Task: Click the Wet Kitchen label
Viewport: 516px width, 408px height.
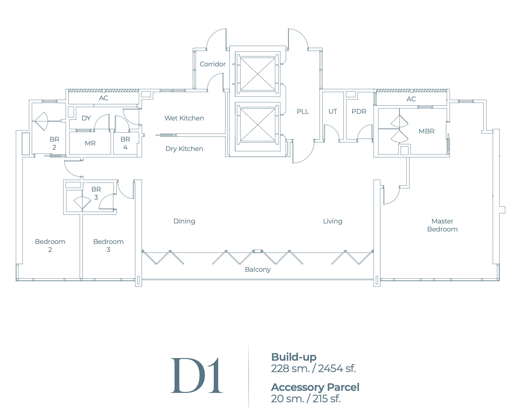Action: [x=184, y=118]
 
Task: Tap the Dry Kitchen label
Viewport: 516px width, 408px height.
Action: [x=184, y=149]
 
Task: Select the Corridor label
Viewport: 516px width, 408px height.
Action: [x=212, y=64]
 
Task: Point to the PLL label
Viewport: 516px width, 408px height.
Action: [x=303, y=111]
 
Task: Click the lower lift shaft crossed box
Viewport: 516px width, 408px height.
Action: [x=258, y=124]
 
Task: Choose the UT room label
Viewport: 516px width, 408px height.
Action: [x=332, y=111]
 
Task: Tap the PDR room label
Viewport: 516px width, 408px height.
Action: [x=359, y=111]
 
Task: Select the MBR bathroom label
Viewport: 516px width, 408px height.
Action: [x=426, y=131]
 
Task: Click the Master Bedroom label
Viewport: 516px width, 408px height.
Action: [x=442, y=225]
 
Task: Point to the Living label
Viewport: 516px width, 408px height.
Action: [x=332, y=221]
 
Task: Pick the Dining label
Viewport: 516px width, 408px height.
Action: [x=184, y=221]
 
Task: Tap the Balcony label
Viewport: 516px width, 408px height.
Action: [x=257, y=269]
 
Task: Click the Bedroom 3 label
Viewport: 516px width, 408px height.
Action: [x=108, y=246]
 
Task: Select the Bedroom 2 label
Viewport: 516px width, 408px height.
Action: [x=50, y=246]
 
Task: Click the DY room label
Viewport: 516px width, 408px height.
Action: [x=86, y=118]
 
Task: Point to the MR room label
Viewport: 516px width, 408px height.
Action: [x=90, y=143]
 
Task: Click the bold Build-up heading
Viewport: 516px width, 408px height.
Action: [x=294, y=357]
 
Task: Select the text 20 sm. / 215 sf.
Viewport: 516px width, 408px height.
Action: [x=306, y=399]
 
